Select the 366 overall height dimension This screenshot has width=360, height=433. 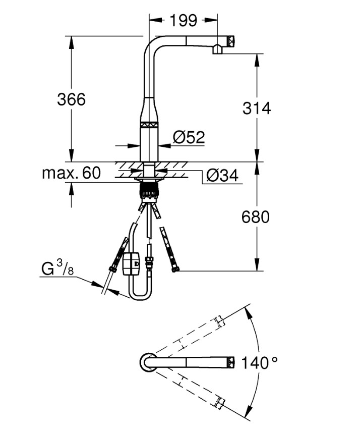click(71, 99)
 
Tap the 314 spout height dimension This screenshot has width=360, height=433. click(257, 107)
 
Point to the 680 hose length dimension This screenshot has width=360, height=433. click(256, 216)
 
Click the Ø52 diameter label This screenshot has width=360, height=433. click(188, 137)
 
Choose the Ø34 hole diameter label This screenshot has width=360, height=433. click(222, 175)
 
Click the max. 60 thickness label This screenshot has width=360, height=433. click(71, 173)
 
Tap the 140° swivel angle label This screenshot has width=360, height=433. click(259, 362)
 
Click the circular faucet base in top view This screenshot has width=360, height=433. click(147, 362)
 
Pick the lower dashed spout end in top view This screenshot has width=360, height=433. click(219, 402)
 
